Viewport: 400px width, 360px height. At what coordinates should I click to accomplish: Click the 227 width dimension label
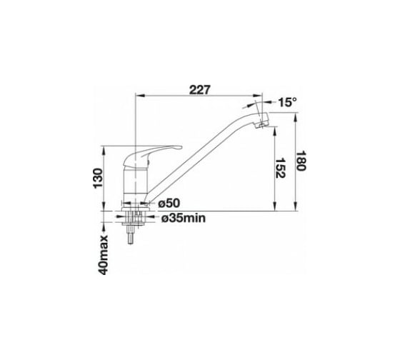point(200,89)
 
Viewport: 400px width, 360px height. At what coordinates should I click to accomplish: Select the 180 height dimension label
point(301,161)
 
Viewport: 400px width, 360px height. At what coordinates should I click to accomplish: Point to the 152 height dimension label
point(281,168)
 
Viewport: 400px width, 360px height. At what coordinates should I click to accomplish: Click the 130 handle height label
point(99,179)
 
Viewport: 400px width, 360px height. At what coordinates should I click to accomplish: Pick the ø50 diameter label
point(169,204)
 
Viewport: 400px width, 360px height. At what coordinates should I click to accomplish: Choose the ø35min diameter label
point(183,218)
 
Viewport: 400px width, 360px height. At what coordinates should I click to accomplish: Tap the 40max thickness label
point(103,255)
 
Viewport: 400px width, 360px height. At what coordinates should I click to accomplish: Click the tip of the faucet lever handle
point(181,147)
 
